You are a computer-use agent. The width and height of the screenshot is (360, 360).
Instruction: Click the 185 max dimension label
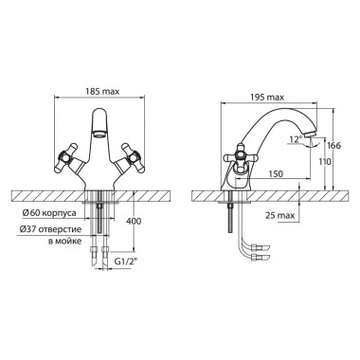[102, 92]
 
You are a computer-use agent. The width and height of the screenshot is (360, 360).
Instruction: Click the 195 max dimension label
[267, 98]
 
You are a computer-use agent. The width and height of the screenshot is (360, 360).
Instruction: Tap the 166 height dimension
[333, 146]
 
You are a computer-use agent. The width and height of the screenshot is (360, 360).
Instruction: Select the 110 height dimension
[325, 162]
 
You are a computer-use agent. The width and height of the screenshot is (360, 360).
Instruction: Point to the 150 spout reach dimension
[276, 173]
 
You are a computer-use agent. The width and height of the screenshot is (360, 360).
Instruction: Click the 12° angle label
[296, 138]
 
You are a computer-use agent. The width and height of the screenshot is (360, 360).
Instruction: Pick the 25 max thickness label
[279, 215]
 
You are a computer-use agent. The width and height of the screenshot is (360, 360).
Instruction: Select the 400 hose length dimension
[134, 221]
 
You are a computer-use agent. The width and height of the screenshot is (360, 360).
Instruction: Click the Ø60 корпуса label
[49, 213]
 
